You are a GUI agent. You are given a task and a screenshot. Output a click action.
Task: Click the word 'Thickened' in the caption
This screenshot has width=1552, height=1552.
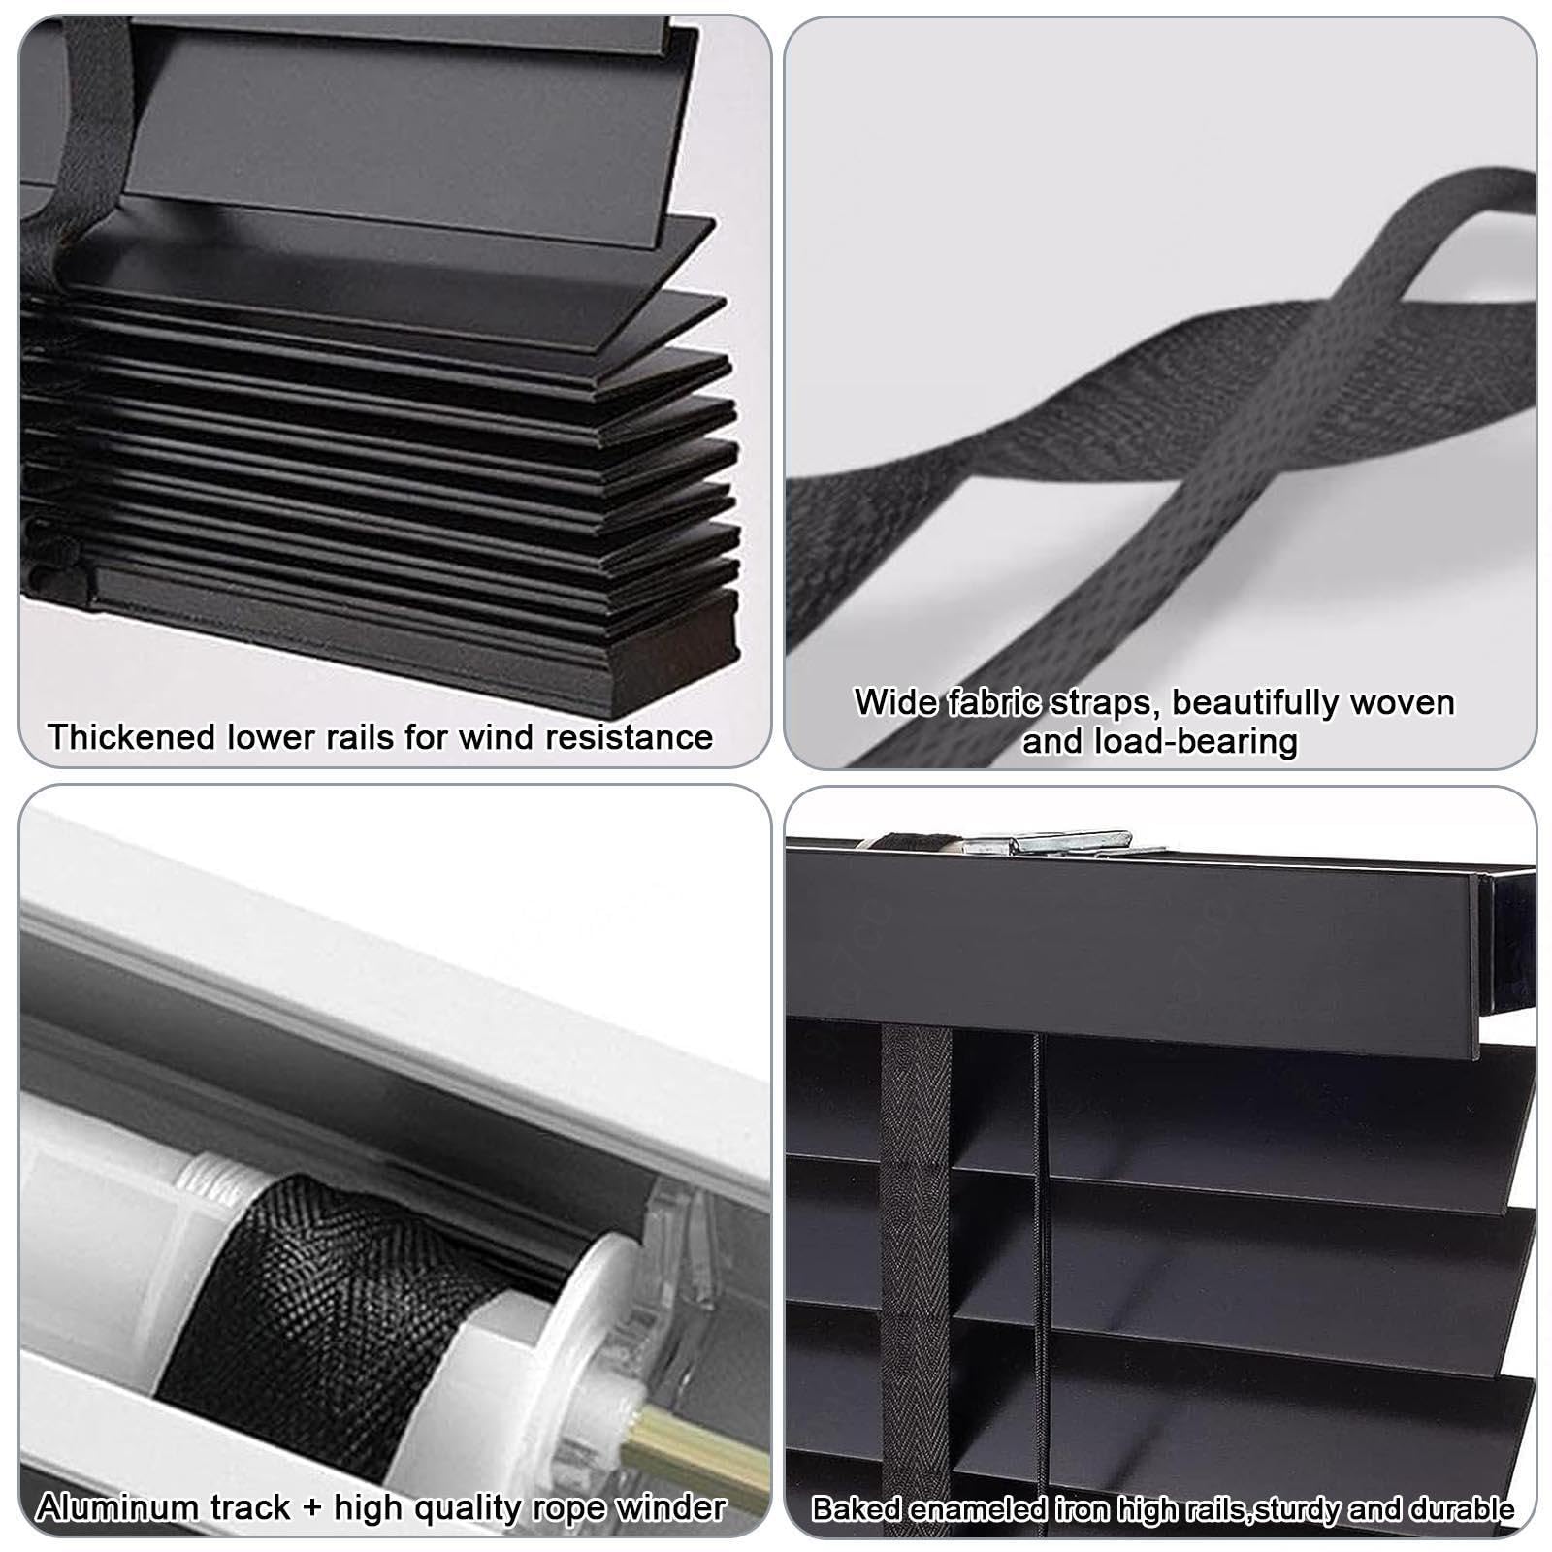click(x=132, y=737)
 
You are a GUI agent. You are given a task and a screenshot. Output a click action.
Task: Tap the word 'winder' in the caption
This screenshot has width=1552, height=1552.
click(x=672, y=1507)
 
